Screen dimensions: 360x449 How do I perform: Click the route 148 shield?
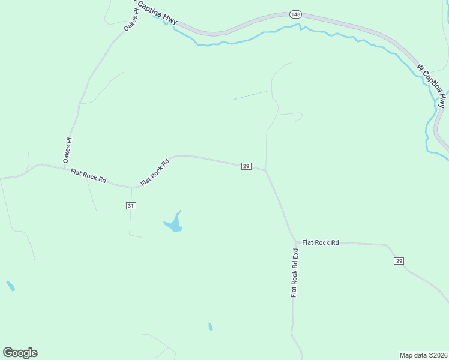click(295, 14)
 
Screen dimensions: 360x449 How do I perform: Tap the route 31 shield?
click(131, 206)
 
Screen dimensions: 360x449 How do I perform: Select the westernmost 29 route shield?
click(246, 166)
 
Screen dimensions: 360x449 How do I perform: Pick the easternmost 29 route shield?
click(399, 260)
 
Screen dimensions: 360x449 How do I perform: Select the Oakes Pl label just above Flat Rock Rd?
click(68, 150)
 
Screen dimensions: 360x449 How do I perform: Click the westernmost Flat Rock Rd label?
click(88, 176)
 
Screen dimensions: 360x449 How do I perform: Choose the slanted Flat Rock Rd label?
click(155, 172)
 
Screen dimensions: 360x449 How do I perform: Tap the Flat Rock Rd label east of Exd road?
click(321, 242)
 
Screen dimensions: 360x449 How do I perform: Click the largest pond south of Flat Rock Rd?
click(173, 224)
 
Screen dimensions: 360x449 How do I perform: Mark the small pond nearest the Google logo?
click(10, 286)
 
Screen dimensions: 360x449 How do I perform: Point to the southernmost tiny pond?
click(210, 326)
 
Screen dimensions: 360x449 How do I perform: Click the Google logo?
click(20, 353)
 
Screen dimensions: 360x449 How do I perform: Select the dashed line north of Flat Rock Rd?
click(250, 95)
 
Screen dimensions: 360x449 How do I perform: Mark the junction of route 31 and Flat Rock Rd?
click(131, 187)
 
